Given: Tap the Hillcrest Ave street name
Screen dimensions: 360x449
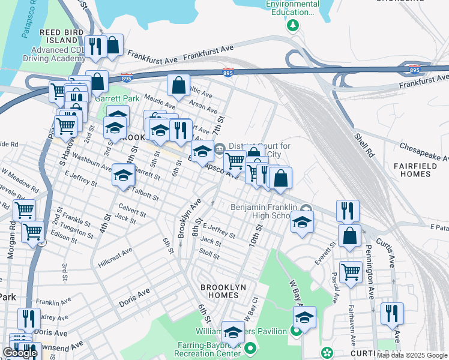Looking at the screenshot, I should (x=115, y=257).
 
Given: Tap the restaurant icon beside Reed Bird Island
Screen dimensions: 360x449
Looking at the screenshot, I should (x=95, y=46).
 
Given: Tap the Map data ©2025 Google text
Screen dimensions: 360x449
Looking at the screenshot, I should (x=412, y=355).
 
